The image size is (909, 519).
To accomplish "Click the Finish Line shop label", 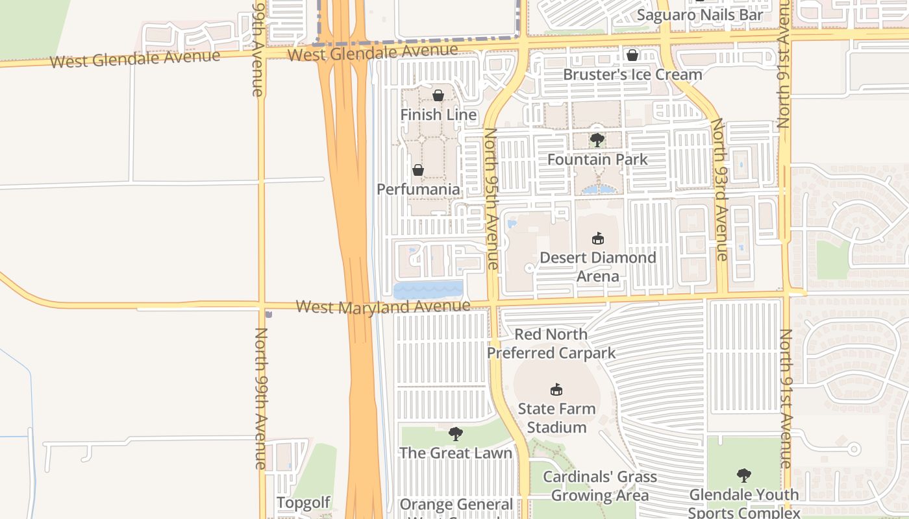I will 438,115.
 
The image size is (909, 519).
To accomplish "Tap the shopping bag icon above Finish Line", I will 438,95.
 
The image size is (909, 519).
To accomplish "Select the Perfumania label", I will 418,189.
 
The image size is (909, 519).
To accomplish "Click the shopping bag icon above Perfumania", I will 418,170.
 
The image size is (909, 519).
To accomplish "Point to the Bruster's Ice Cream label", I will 632,75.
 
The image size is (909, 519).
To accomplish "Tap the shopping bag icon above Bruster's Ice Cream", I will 632,55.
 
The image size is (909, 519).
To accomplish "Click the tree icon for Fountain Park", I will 597,139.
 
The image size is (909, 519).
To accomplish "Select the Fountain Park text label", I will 597,159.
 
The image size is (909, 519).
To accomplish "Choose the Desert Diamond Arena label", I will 598,267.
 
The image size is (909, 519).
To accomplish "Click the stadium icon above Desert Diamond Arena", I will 598,238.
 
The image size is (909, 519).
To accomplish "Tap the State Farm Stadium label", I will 556,418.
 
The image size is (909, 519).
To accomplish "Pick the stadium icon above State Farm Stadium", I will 556,389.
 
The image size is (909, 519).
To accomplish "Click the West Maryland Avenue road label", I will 383,306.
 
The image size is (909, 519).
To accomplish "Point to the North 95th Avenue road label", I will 491,198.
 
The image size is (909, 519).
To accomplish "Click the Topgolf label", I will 303,503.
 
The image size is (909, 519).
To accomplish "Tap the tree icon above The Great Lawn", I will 456,433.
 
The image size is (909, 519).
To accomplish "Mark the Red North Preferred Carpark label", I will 551,344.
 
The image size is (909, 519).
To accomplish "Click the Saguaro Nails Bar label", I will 699,14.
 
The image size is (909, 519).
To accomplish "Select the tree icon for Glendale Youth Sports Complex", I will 743,475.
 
